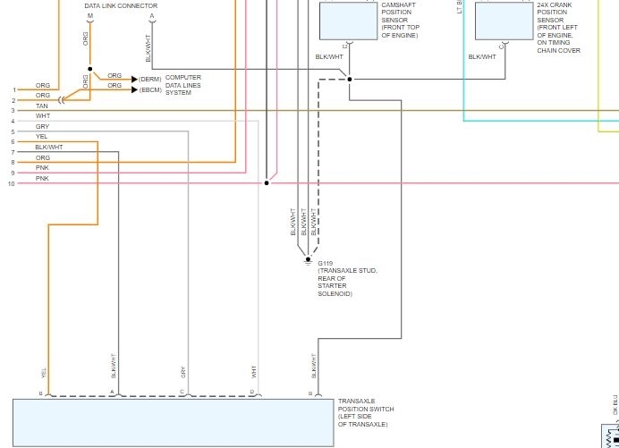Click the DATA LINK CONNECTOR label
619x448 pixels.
[x=121, y=6]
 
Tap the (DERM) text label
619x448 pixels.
[x=150, y=79]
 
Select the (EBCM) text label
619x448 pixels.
[x=150, y=89]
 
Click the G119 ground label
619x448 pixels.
[x=326, y=264]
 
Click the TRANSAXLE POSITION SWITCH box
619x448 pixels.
[x=173, y=422]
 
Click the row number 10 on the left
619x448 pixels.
[x=11, y=183]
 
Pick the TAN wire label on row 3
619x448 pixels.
[x=42, y=106]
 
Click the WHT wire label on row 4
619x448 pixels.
[x=43, y=116]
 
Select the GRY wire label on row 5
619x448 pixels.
[x=42, y=127]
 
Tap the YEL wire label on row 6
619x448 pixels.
[x=42, y=137]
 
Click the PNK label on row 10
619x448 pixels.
[x=42, y=179]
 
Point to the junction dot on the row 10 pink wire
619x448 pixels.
[x=266, y=183]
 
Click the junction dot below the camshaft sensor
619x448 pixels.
[x=349, y=79]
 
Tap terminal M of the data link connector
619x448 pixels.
[x=89, y=17]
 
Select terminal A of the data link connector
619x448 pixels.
[x=152, y=17]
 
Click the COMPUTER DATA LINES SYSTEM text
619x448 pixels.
[x=183, y=85]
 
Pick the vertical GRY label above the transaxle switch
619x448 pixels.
[x=182, y=372]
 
